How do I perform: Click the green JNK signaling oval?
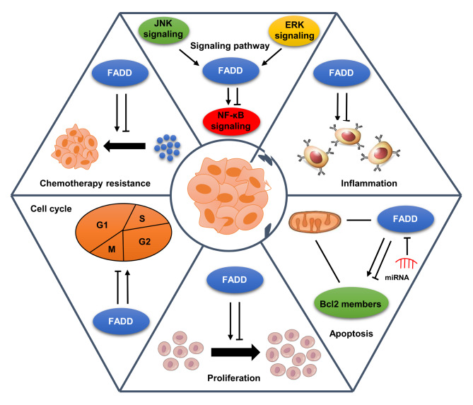[x=163, y=30]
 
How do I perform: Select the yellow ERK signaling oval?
[x=294, y=31]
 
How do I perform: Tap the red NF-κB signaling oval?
[x=231, y=121]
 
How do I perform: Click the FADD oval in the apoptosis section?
[x=405, y=219]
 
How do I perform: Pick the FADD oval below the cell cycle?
[x=121, y=321]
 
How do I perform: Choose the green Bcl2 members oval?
[x=351, y=303]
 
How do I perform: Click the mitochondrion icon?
[x=315, y=222]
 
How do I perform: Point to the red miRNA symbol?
[x=407, y=263]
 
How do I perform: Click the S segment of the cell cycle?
[x=144, y=218]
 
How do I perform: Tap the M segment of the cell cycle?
[x=111, y=249]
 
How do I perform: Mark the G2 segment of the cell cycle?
[x=146, y=242]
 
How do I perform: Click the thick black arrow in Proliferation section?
[x=235, y=351]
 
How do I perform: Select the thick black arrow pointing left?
[x=124, y=146]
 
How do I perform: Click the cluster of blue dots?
[x=167, y=148]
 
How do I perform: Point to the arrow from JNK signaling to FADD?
[x=189, y=57]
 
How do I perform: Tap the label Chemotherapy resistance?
[x=95, y=183]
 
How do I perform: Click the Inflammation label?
[x=368, y=183]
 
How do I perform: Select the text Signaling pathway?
[x=230, y=46]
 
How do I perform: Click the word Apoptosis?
[x=351, y=334]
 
